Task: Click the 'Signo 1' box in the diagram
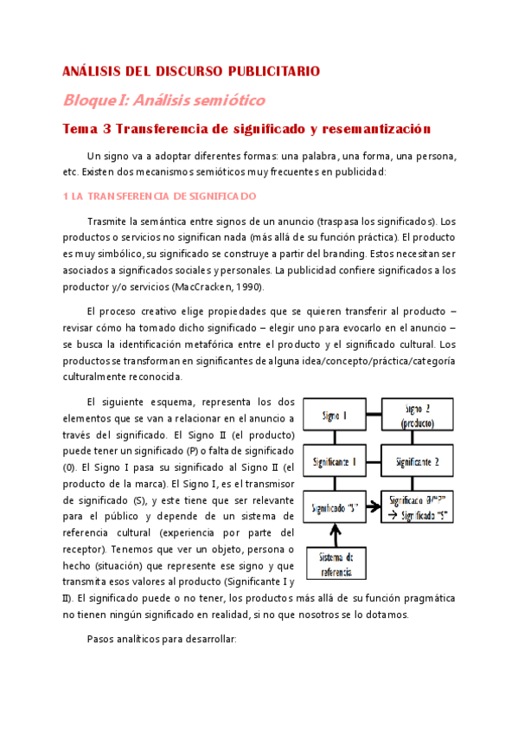click(x=334, y=416)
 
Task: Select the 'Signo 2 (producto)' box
click(x=418, y=415)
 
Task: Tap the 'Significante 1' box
click(x=334, y=461)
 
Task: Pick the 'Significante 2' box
click(x=418, y=461)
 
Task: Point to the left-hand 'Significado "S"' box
click(x=334, y=505)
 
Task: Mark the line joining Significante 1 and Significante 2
click(x=375, y=461)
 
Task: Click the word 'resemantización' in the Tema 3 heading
click(x=376, y=129)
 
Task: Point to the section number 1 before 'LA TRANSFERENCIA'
click(x=67, y=196)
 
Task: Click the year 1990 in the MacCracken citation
click(x=249, y=287)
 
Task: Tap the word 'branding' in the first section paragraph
click(x=342, y=254)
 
